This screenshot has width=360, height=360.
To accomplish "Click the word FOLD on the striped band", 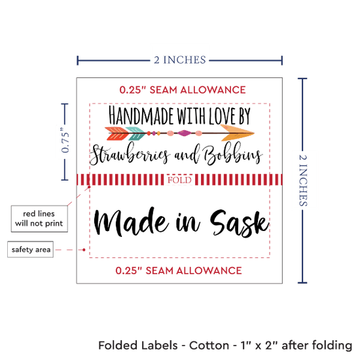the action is coord(179,180).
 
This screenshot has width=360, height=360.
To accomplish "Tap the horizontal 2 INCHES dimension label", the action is coord(180,60).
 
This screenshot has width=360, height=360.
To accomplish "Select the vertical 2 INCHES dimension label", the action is coord(303,181).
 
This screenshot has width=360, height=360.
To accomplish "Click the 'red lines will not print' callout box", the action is coord(39,219).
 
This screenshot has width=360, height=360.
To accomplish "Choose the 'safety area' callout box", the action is coord(31,249).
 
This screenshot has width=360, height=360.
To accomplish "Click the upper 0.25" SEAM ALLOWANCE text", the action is coord(183,90).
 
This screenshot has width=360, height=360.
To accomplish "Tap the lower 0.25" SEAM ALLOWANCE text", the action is coord(179,270).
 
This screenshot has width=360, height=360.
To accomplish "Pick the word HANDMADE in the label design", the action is coord(141,115).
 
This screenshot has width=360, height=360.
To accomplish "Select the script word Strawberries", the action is coord(130,153).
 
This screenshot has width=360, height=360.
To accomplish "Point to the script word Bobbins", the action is coord(232,153).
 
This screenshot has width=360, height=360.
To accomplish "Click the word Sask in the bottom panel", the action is coord(239,223).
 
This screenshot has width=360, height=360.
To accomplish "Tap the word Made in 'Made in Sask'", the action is coord(130,221).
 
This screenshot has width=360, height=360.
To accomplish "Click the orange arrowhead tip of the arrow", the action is coord(254,133).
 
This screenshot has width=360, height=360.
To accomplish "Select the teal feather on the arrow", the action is coord(136,134).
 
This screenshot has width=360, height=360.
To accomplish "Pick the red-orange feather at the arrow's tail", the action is coord(117,134).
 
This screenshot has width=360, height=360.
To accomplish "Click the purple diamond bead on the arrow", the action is coord(184,133).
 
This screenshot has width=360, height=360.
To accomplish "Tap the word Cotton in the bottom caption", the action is coord(209,346).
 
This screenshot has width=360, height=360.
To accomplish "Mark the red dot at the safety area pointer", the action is coord(84,249).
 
